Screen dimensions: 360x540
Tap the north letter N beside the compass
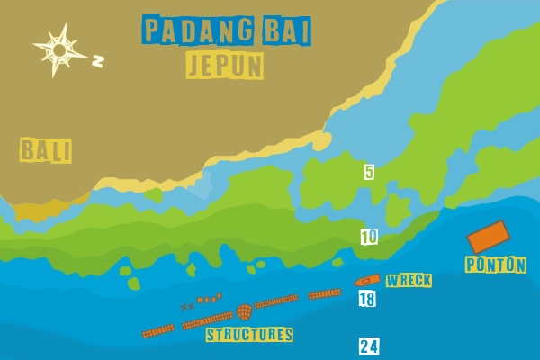(x=98, y=61)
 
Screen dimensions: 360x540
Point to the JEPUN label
(x=225, y=65)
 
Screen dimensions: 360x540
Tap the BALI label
(x=46, y=150)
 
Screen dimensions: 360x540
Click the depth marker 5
(x=369, y=172)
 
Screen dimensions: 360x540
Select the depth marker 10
(x=369, y=237)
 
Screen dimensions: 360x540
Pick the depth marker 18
(x=366, y=300)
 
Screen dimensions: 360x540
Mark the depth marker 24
(x=369, y=346)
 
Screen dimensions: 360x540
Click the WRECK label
(x=409, y=281)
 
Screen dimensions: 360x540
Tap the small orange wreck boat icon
(x=367, y=281)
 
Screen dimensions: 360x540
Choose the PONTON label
(x=495, y=265)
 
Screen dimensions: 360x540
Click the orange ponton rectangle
(x=489, y=237)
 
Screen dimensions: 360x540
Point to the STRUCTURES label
(x=249, y=335)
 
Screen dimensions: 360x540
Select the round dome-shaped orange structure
(x=244, y=312)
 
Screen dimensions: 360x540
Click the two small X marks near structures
(x=187, y=307)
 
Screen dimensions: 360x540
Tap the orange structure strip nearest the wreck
(x=324, y=293)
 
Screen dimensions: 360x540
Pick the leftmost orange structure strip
(x=158, y=331)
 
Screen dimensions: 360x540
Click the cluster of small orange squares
(x=209, y=298)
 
